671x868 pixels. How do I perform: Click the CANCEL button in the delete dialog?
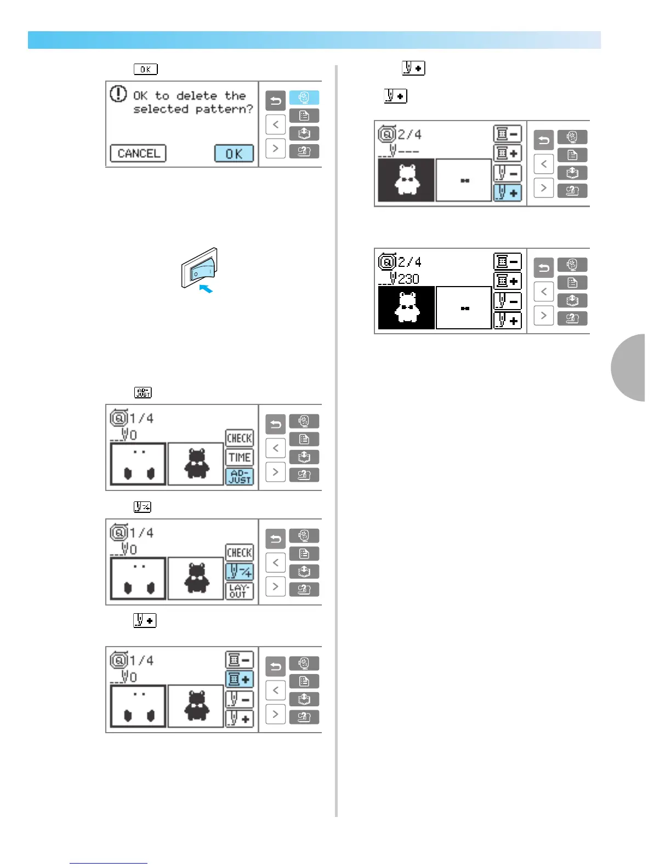(138, 153)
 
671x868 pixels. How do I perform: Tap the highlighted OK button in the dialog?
(234, 153)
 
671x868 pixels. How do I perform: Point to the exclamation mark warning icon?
(118, 94)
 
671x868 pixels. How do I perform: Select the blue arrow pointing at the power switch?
(206, 288)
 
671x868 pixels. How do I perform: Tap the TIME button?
(240, 458)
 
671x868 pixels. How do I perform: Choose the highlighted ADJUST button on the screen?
(240, 476)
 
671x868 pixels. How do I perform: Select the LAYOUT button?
(240, 591)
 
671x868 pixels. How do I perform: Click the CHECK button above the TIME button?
(240, 438)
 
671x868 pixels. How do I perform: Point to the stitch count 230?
(408, 279)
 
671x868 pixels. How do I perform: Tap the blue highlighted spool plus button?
(240, 679)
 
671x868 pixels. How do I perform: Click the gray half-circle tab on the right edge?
(629, 367)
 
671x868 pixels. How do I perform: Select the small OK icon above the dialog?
(145, 69)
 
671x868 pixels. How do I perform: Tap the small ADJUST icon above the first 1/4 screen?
(143, 392)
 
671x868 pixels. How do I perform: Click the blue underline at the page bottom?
(109, 863)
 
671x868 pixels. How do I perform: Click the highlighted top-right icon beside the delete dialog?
(304, 98)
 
